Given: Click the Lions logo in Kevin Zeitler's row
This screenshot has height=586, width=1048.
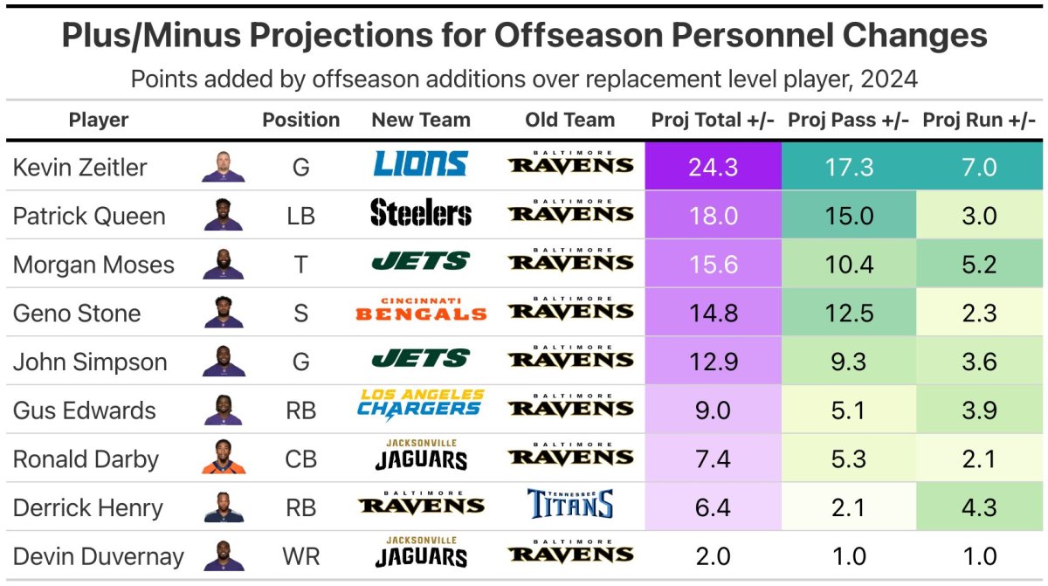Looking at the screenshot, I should [420, 165].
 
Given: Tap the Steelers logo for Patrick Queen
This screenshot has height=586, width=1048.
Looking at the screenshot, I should [420, 214].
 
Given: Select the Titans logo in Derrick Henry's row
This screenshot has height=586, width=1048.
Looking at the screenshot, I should [570, 505].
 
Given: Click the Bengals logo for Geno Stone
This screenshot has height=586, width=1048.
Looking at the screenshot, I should [420, 310].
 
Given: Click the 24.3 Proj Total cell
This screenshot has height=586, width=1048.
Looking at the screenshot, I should [713, 167].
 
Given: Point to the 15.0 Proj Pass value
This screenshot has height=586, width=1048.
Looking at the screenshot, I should [849, 216].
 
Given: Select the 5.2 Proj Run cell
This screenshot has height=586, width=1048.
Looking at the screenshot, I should [978, 265].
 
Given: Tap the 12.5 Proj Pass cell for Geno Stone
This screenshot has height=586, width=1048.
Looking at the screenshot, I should [849, 313].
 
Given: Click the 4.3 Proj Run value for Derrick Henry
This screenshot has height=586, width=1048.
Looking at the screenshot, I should [978, 507].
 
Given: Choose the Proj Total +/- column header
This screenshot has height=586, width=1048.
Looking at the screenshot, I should [713, 121].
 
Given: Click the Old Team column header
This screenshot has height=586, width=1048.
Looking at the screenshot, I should [570, 121].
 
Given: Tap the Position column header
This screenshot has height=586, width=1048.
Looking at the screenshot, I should [301, 121].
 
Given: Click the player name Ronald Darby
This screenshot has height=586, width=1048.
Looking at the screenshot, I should [86, 459].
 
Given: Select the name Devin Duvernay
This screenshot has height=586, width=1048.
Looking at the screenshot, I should [98, 556].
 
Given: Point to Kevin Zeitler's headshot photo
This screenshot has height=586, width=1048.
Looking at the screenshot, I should [223, 165].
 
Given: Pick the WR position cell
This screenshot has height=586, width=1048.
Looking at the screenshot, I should [301, 556].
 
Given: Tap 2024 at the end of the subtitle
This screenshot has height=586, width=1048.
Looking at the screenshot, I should [888, 79].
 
